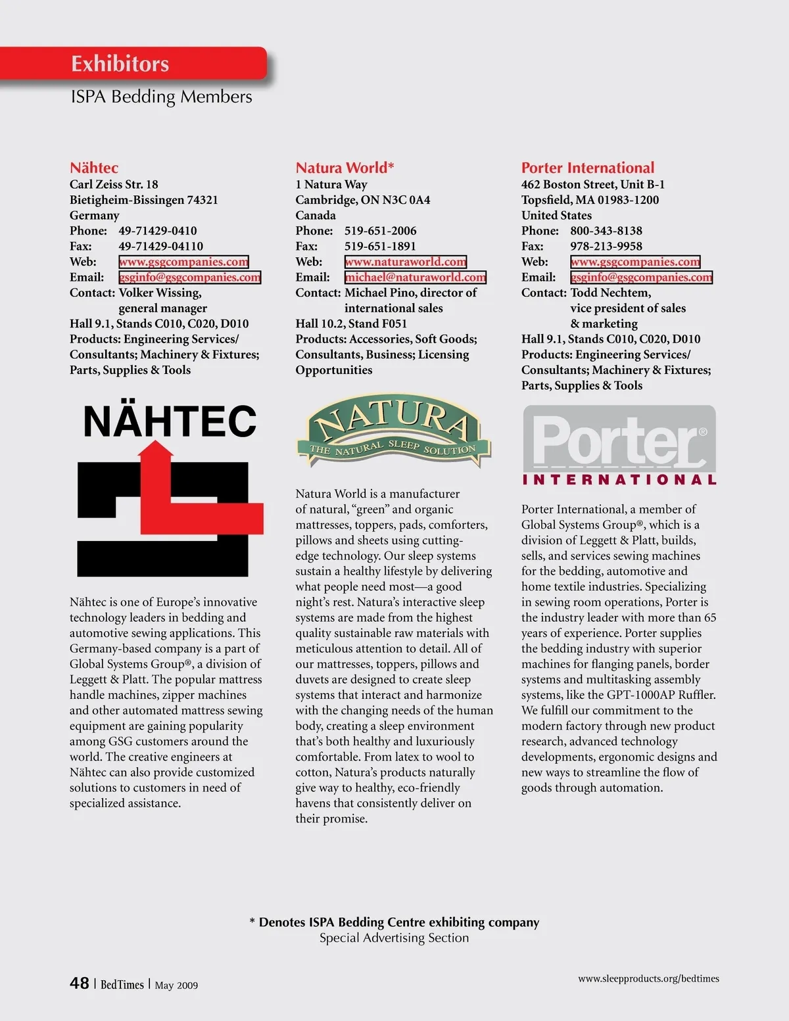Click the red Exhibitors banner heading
pos(120,64)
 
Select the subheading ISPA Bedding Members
pos(161,97)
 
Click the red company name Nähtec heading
pos(94,168)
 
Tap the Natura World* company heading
pos(345,168)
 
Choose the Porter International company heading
pos(588,168)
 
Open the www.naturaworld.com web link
pos(406,262)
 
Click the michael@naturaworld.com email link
pos(416,277)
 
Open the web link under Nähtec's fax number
pos(183,262)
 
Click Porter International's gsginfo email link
pos(641,277)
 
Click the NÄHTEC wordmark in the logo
pos(170,421)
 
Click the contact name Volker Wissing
pos(160,293)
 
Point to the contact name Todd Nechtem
pos(610,293)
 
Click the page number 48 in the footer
pos(80,983)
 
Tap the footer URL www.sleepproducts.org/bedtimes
pos(648,978)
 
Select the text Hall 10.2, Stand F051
pos(351,323)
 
